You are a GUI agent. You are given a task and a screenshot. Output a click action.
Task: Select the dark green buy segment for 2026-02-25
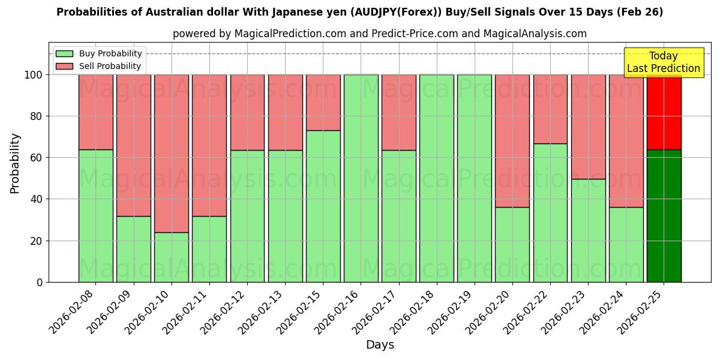click(664, 215)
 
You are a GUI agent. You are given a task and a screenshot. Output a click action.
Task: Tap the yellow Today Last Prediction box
click(664, 62)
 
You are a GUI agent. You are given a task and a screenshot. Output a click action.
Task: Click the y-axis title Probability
click(15, 163)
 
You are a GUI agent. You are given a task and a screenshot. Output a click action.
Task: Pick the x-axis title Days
click(380, 345)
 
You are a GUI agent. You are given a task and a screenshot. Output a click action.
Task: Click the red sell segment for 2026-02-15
click(323, 103)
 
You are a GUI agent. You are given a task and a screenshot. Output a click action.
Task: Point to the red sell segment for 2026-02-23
click(588, 127)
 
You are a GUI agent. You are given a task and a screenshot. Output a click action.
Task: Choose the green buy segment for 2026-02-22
click(550, 212)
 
